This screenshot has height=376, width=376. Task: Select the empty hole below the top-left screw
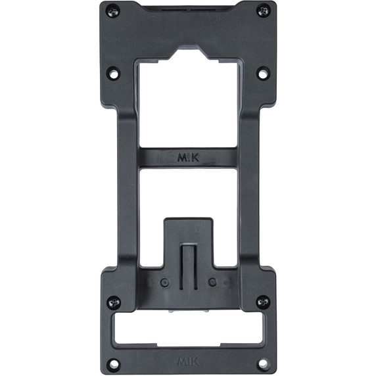(x=114, y=74)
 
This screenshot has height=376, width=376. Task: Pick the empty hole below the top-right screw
(x=263, y=74)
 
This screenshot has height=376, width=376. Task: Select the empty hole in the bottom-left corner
(x=114, y=363)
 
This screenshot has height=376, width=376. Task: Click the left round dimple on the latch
(x=163, y=283)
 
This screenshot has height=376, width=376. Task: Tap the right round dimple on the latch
(x=212, y=283)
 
